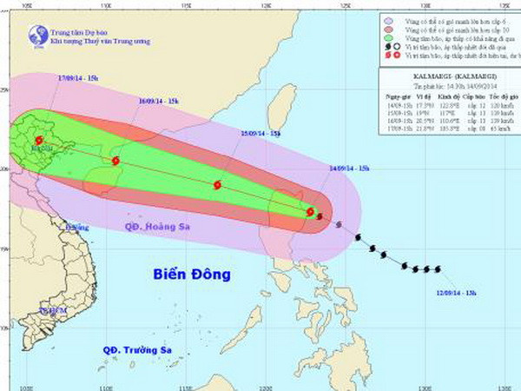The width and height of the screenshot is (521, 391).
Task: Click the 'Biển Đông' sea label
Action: coord(192,275)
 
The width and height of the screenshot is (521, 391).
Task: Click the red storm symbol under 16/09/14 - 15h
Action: coord(115,161)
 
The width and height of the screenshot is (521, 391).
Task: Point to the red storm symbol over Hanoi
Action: coord(38,140)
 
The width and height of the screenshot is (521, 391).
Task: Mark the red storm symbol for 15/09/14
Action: coord(216,184)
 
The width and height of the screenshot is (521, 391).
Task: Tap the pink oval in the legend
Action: coord(388,30)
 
